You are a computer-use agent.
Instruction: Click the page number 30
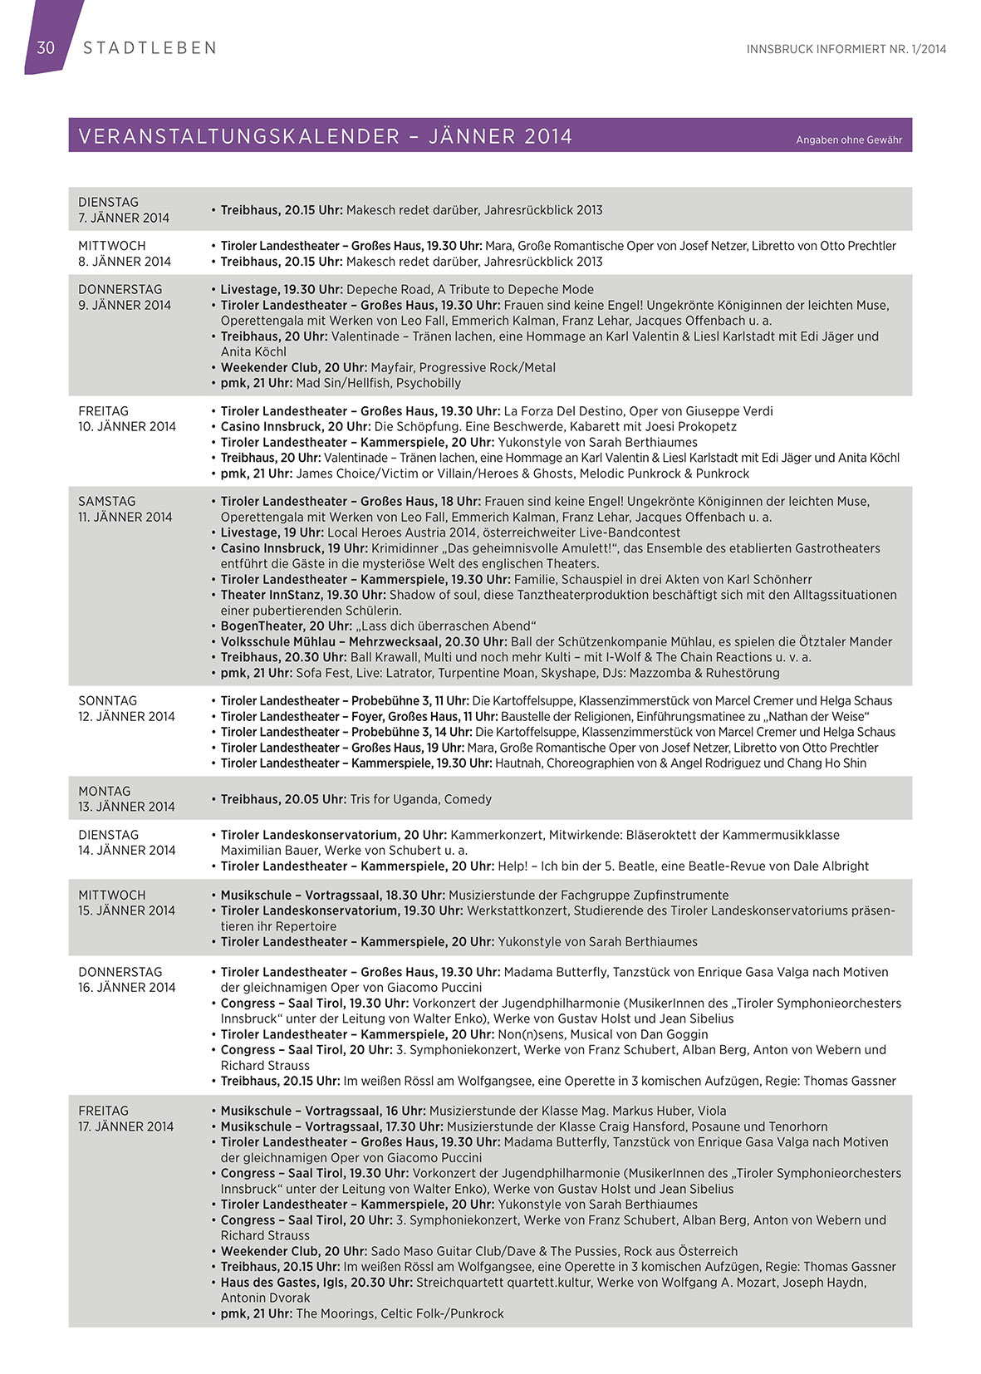46,47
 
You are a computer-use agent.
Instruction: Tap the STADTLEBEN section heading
150,48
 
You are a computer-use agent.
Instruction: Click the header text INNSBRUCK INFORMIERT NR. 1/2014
846,49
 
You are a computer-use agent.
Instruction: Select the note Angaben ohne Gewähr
848,140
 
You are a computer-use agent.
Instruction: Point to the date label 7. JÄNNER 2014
124,218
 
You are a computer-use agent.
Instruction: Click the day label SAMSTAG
107,501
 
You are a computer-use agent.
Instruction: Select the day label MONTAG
105,791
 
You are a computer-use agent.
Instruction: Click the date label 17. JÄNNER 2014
126,1126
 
